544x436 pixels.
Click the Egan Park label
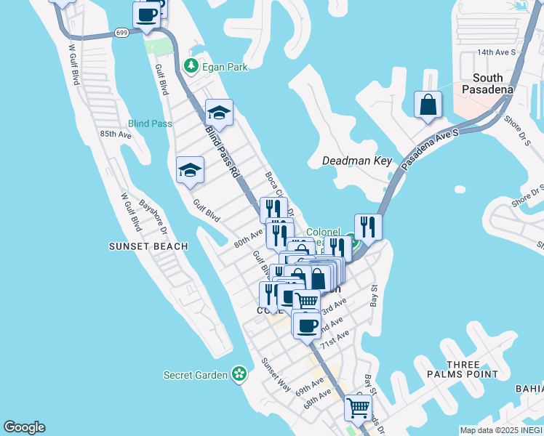coord(225,67)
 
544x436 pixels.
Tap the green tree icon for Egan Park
coord(191,66)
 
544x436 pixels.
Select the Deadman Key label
coord(357,161)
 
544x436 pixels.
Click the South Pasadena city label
coord(487,84)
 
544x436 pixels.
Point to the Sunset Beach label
coord(148,246)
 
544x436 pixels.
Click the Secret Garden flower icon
coord(239,374)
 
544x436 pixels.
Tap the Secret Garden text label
coord(196,375)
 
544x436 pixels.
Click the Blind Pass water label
coord(151,124)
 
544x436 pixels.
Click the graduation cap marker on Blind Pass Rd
coord(219,113)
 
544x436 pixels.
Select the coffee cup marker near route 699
coord(146,15)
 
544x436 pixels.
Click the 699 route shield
coord(121,32)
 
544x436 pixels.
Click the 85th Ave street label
coord(116,134)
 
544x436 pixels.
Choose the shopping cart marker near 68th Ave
coord(358,408)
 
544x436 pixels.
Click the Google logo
coord(24,427)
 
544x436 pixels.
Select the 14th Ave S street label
coord(496,52)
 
